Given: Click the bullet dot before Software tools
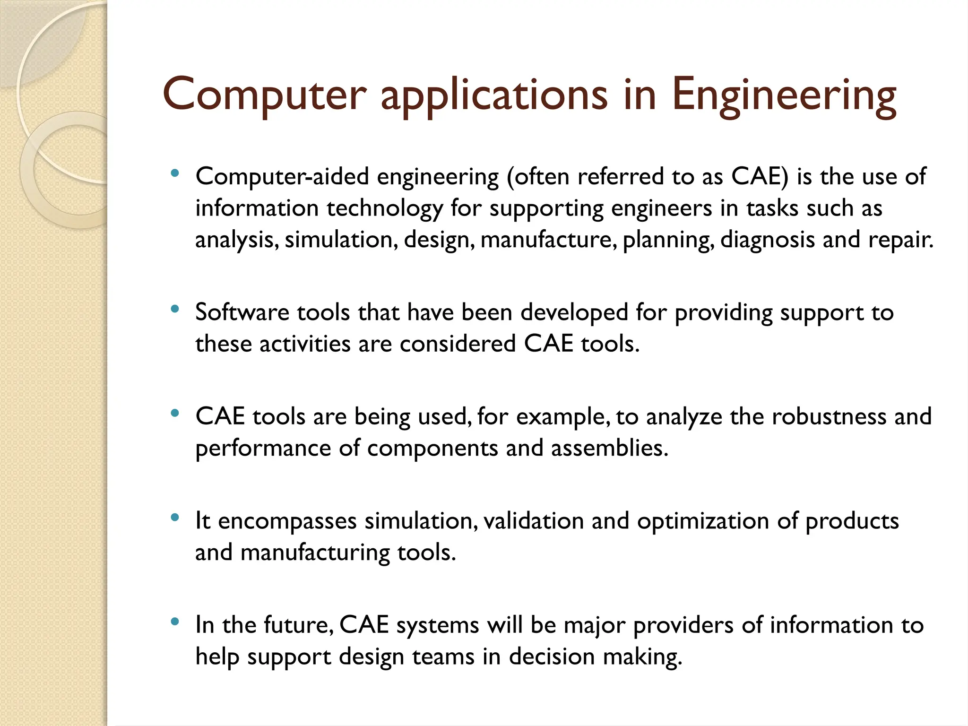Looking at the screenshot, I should coord(175,310).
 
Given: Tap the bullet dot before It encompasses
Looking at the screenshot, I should coord(175,518).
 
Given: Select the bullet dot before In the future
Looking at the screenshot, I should coord(175,622).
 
